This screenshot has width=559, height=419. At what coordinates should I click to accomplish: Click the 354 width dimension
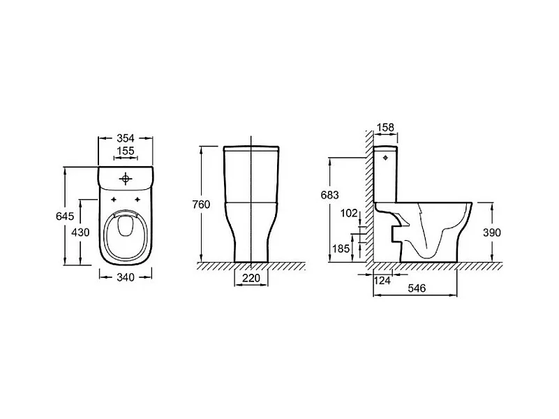pos(126,138)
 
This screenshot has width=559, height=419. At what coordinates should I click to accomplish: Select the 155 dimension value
pos(126,151)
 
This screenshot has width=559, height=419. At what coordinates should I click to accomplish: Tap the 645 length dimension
pos(65,216)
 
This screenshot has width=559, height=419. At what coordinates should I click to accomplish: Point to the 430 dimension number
pos(80,233)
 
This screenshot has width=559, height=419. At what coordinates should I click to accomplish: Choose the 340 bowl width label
pos(126,277)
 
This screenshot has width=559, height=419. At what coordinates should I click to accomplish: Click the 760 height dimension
pos(201,205)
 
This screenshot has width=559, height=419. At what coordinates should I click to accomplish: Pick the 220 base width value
pos(251,278)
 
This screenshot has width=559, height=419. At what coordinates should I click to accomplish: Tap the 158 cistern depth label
pos(385,127)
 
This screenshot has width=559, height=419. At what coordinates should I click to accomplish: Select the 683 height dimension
pos(330,195)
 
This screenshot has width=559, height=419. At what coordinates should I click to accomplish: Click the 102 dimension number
pos(349,213)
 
